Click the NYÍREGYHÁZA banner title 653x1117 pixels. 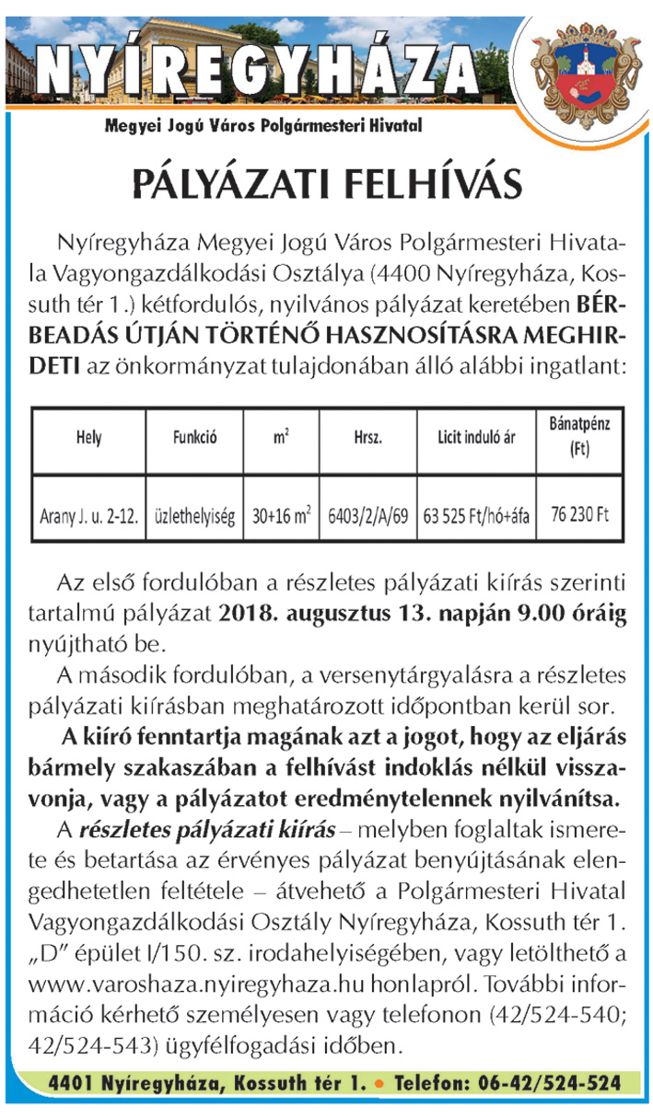pyautogui.click(x=262, y=69)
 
